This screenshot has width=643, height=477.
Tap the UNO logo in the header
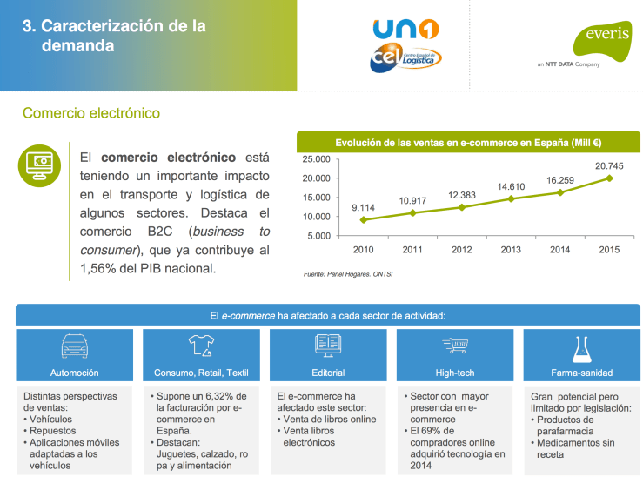[405, 30]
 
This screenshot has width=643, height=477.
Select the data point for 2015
[609, 178]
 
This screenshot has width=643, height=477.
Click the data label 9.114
[363, 207]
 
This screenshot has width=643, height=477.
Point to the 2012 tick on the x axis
[461, 250]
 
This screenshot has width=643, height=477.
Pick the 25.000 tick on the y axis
[317, 159]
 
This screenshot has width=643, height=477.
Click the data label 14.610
[511, 186]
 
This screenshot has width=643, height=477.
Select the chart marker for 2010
[363, 220]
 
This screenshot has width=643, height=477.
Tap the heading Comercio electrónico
[91, 113]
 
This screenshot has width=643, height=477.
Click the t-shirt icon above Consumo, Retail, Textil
[201, 346]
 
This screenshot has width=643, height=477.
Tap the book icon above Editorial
[328, 346]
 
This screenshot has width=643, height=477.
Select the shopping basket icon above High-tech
[455, 346]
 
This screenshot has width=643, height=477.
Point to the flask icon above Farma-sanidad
[583, 347]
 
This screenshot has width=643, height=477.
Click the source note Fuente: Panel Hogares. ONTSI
[347, 274]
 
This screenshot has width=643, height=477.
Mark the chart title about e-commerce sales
[469, 142]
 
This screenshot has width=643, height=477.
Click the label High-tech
[455, 373]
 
